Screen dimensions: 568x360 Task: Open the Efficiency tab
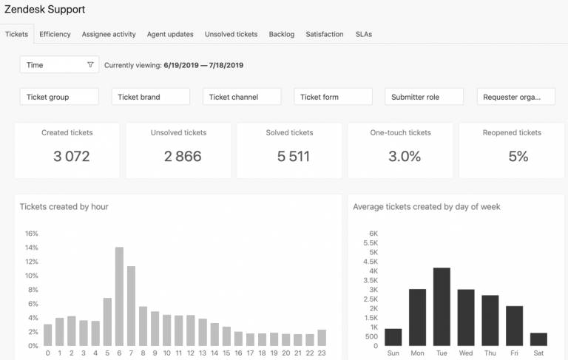55,34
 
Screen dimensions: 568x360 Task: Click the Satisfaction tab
324,34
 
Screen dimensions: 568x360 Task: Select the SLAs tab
364,34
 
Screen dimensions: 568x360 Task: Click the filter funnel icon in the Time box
90,65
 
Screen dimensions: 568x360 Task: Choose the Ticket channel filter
242,97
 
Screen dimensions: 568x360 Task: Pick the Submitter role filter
424,97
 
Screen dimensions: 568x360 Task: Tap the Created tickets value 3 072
71,157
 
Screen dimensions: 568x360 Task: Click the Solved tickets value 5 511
294,157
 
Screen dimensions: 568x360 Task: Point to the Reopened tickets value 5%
518,157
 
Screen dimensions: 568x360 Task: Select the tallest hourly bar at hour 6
119,296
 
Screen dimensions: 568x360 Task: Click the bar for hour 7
131,306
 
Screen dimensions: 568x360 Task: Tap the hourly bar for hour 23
322,338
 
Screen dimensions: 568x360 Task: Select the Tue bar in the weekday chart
442,307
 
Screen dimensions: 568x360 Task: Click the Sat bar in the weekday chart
538,339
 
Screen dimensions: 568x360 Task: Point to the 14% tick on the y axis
32,248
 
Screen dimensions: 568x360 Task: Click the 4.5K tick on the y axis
371,262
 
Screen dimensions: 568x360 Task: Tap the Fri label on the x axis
515,353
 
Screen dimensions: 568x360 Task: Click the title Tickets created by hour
64,206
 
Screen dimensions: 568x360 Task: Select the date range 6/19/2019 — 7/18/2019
203,65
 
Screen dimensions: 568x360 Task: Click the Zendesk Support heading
44,10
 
